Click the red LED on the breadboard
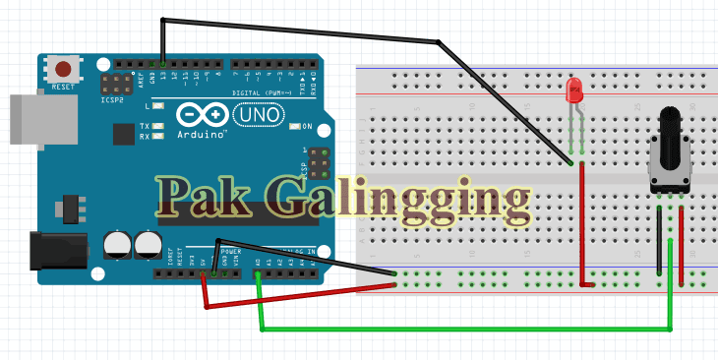(x=575, y=90)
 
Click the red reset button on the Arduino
(x=64, y=70)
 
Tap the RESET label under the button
(x=63, y=87)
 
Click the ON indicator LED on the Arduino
(x=294, y=126)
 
